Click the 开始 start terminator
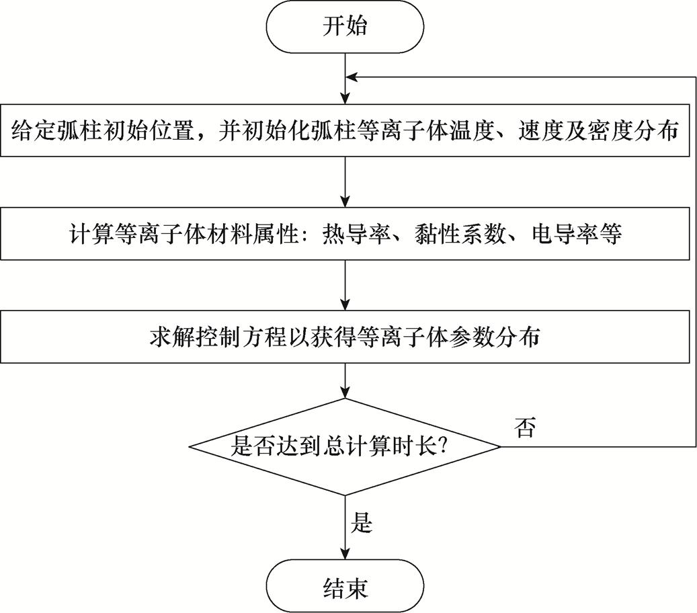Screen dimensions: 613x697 pos(345,28)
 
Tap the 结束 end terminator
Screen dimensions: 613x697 pos(345,587)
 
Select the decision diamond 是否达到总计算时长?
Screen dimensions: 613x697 pos(345,446)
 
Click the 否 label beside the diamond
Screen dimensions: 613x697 pos(525,427)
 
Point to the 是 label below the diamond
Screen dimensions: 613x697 pos(362,522)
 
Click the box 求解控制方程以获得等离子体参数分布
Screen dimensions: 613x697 pos(345,337)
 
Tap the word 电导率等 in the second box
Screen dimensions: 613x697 pos(576,234)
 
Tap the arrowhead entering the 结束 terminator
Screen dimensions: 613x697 pos(345,553)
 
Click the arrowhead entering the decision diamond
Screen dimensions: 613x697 pos(345,392)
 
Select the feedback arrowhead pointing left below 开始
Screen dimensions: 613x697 pos(352,77)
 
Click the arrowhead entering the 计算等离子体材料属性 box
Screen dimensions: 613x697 pos(345,200)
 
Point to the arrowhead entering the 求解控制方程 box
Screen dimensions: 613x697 pos(345,304)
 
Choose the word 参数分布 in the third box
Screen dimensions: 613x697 pos(498,337)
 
